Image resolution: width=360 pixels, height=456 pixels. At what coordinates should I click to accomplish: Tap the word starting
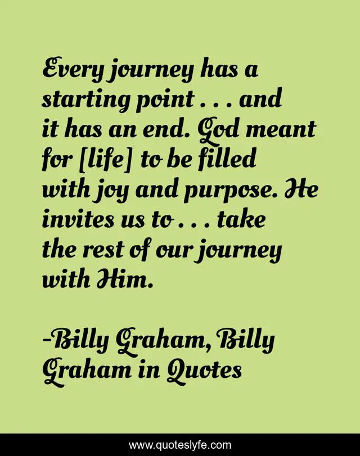79,101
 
